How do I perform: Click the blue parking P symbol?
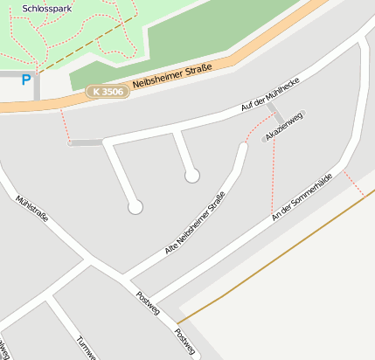click(26, 80)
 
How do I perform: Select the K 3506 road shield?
click(108, 91)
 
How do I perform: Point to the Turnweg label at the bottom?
click(85, 347)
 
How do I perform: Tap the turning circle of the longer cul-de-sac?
click(135, 207)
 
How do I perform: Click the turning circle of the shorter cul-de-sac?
click(192, 176)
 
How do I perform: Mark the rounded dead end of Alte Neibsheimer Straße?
click(243, 147)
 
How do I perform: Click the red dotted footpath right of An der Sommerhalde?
click(353, 183)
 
